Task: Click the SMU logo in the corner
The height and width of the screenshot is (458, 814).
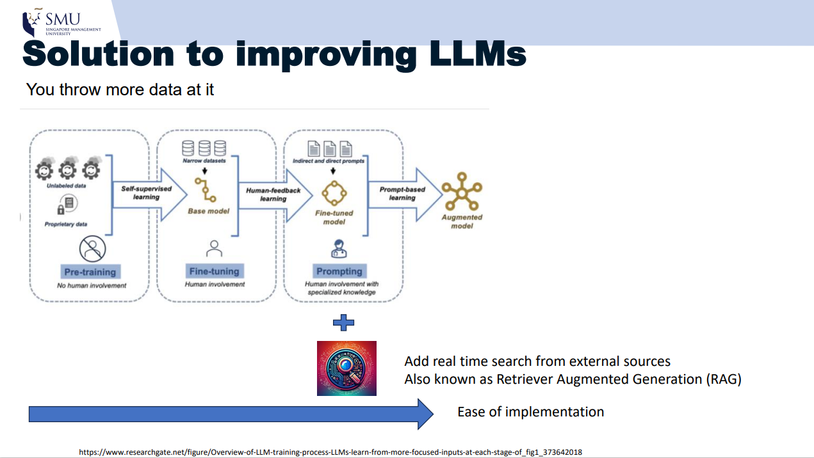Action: coord(61,23)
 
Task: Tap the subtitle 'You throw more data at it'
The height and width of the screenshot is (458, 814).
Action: coord(120,90)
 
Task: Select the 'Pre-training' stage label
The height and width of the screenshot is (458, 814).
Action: coord(90,272)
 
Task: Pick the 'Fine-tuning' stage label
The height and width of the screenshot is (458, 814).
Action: coord(214,271)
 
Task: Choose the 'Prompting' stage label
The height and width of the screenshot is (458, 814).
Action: coord(339,271)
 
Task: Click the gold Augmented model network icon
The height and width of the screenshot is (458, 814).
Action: coord(461,192)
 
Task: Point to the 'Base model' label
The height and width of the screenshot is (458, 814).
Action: coord(208,211)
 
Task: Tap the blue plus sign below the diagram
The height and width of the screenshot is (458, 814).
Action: coord(343,322)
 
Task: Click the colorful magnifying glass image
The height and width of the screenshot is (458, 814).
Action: coord(346,368)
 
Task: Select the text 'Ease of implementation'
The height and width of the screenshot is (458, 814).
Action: coord(530,412)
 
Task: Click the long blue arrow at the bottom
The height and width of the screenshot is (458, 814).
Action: coord(231,414)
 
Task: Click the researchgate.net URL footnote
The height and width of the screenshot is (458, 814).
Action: coord(330,452)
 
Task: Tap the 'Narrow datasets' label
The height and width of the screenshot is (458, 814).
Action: coord(204,161)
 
